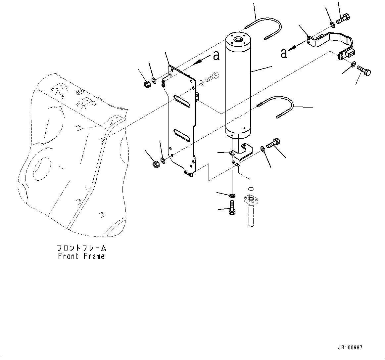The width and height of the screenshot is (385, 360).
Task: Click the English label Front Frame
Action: [81, 256]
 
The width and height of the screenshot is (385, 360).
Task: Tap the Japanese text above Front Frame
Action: [81, 248]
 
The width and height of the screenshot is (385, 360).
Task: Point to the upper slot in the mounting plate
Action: [182, 101]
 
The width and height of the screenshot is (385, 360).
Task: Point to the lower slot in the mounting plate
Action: [182, 135]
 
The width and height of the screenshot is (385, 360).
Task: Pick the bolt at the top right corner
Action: [343, 19]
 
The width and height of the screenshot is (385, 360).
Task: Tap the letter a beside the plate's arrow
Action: [216, 55]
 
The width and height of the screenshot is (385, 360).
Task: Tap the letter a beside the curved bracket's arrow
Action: [284, 53]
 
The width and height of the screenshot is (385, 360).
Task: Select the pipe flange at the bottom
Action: [252, 201]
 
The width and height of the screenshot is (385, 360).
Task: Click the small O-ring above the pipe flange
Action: [251, 189]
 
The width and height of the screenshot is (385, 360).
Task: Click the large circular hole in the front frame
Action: [41, 168]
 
